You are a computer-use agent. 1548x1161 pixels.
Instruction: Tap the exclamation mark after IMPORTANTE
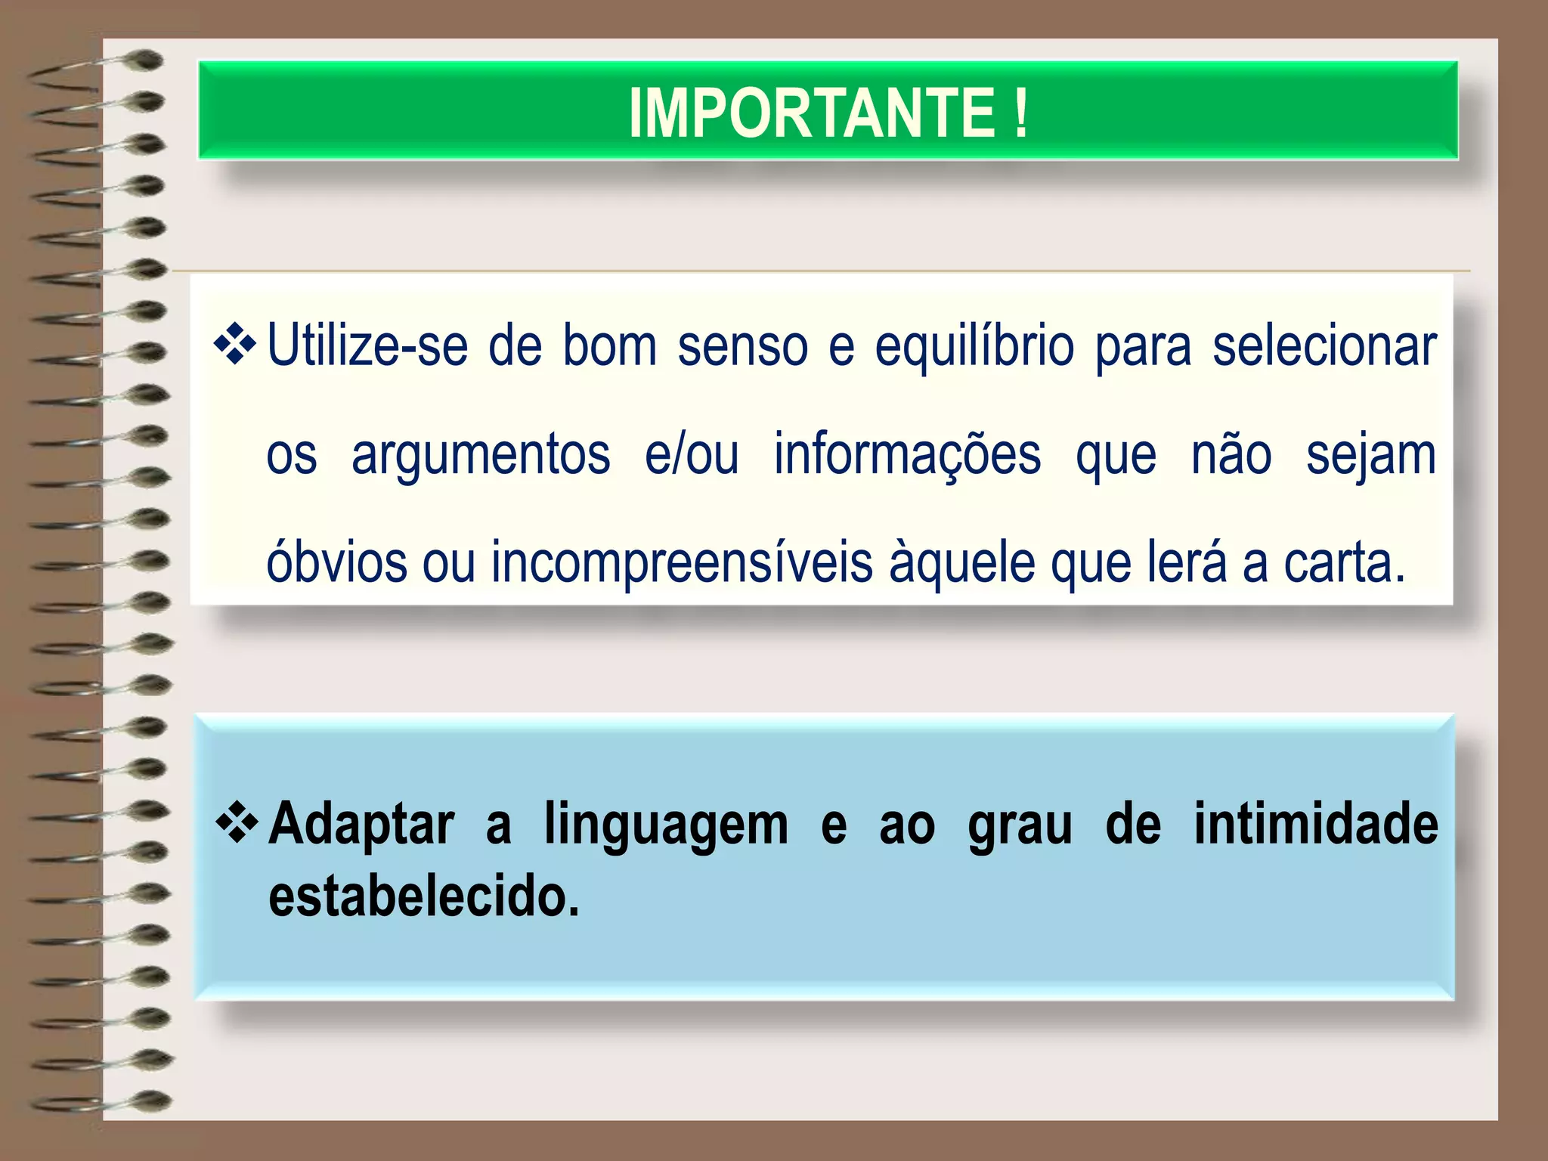[1020, 113]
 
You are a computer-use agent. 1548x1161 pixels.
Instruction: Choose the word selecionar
[1324, 346]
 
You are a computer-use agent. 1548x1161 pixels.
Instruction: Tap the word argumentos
[481, 456]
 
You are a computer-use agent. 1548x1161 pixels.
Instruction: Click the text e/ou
[691, 455]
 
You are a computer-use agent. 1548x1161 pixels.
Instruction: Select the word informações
[907, 456]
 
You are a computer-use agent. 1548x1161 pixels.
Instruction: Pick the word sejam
[1370, 456]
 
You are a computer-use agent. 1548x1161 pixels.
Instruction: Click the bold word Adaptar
[362, 825]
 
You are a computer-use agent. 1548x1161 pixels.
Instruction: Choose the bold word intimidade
[1315, 823]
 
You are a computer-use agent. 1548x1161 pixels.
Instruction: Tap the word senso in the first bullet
[743, 346]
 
